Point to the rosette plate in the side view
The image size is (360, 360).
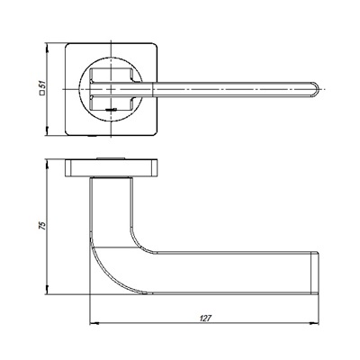(112, 169)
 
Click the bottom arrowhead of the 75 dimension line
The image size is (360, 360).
(50, 293)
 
